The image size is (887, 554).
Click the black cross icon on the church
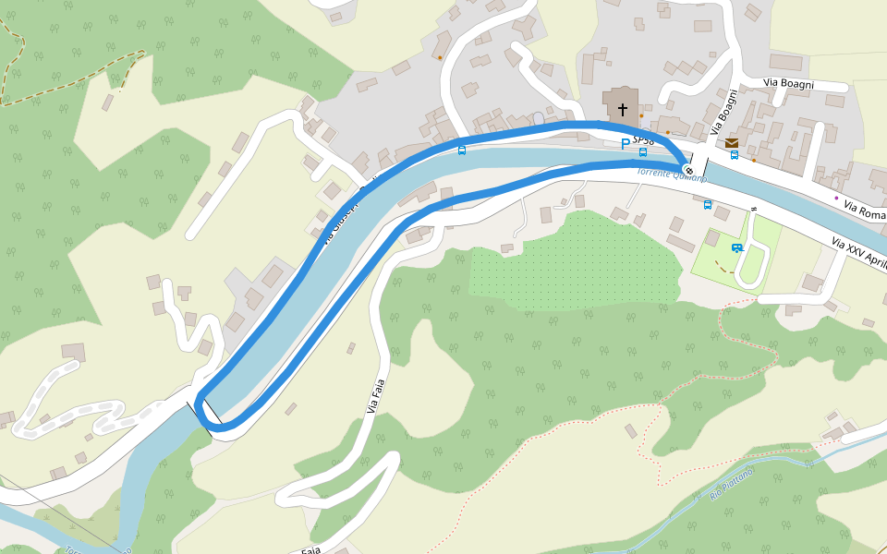pos(623,110)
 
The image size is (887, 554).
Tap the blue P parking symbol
pos(626,144)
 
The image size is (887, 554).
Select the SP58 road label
pos(644,140)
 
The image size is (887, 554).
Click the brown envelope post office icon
pos(732,143)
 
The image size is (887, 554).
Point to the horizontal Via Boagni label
pos(788,83)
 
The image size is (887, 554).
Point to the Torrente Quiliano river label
pos(672,175)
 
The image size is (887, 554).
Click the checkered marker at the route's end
pos(688,169)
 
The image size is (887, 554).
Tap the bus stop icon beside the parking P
pos(642,152)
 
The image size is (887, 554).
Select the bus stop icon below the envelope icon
pos(735,155)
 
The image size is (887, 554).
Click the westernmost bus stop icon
pos(462,150)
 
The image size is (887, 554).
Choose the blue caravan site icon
pos(736,247)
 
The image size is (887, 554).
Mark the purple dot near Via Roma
pos(837,198)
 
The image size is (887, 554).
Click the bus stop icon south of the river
pos(708,204)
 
